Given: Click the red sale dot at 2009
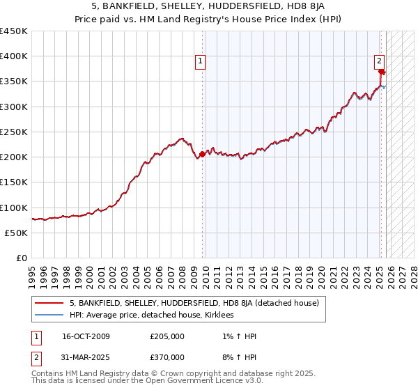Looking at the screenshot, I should tap(202, 155).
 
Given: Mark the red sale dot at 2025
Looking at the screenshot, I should tap(381, 72).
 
